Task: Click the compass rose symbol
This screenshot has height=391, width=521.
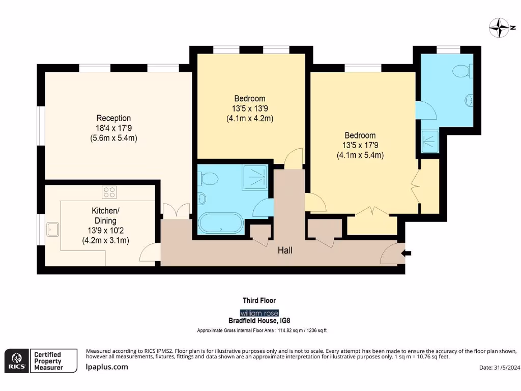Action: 500,27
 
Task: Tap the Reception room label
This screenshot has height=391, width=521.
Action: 113,118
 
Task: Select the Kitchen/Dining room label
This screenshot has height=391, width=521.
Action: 106,215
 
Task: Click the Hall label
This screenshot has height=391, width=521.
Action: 285,250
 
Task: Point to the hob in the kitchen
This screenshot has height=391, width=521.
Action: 109,192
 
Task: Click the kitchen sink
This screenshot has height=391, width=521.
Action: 53,229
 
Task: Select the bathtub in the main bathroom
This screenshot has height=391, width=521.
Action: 221,224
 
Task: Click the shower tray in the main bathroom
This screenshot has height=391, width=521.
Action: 255,177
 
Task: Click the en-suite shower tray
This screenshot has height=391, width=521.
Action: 430,142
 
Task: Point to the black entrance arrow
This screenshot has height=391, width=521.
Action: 406,254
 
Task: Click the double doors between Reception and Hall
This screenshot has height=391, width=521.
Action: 176,211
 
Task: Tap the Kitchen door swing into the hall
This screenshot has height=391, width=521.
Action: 150,253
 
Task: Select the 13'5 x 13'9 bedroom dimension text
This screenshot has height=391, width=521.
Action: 250,108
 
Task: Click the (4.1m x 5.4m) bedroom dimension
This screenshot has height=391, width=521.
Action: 360,155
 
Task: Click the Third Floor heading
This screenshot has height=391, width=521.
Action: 259,300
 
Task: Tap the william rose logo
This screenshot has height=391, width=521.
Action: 259,313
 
